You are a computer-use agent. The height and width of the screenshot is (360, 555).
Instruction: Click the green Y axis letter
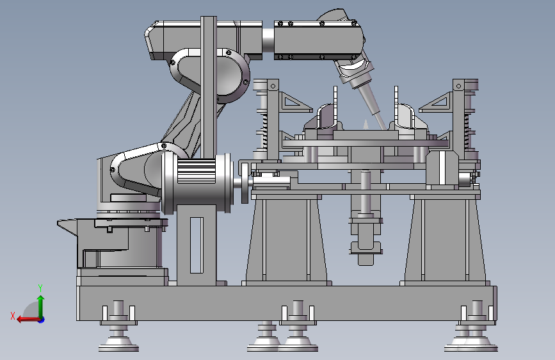tap(40, 288)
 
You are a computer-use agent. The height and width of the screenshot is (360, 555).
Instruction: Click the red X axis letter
tap(13, 316)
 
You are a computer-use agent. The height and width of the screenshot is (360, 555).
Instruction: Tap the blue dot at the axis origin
tap(42, 320)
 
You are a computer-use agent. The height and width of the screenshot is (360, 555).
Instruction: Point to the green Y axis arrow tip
tap(41, 296)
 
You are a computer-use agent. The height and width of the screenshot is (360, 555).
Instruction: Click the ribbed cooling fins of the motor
tap(197, 171)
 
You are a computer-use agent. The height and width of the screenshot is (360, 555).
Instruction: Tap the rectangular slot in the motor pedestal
tap(197, 245)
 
